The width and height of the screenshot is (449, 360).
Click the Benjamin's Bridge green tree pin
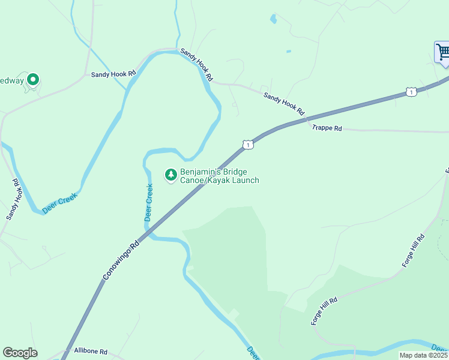[x=171, y=175]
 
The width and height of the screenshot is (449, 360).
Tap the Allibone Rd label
[x=90, y=351]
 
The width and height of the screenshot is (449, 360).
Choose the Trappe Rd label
[x=327, y=128]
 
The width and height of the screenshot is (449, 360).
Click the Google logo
[x=20, y=353]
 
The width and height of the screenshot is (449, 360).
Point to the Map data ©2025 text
[x=423, y=355]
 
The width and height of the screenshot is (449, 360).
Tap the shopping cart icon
[x=443, y=52]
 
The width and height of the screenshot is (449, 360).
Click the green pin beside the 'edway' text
[x=33, y=79]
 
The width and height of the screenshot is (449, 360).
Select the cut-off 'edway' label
[x=11, y=80]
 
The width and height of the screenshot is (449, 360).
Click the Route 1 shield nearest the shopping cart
[x=411, y=92]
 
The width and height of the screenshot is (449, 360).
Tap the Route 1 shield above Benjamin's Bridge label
[x=247, y=145]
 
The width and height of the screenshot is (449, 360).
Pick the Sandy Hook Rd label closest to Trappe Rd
[x=284, y=103]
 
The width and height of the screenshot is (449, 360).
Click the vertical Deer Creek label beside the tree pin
[x=149, y=202]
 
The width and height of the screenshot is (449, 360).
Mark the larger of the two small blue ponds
[x=274, y=19]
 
